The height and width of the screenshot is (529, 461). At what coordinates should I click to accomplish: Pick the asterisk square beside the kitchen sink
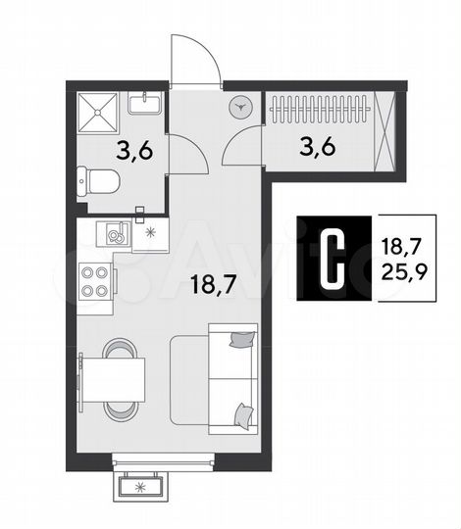tap(150, 234)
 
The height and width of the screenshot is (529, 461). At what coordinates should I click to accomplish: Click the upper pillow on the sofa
tap(239, 339)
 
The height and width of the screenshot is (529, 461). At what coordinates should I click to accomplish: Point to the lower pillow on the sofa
tap(240, 414)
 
